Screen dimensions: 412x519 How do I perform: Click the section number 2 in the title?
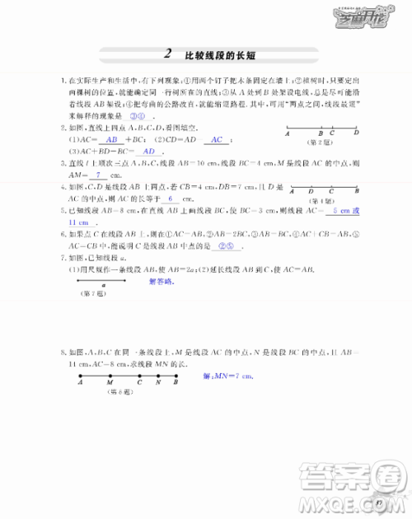click(167, 54)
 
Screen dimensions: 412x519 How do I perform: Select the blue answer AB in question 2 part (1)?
click(113, 140)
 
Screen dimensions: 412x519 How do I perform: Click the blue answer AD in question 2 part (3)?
click(148, 152)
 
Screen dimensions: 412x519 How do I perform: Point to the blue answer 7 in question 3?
click(98, 175)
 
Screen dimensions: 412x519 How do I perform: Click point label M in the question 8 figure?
click(110, 382)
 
